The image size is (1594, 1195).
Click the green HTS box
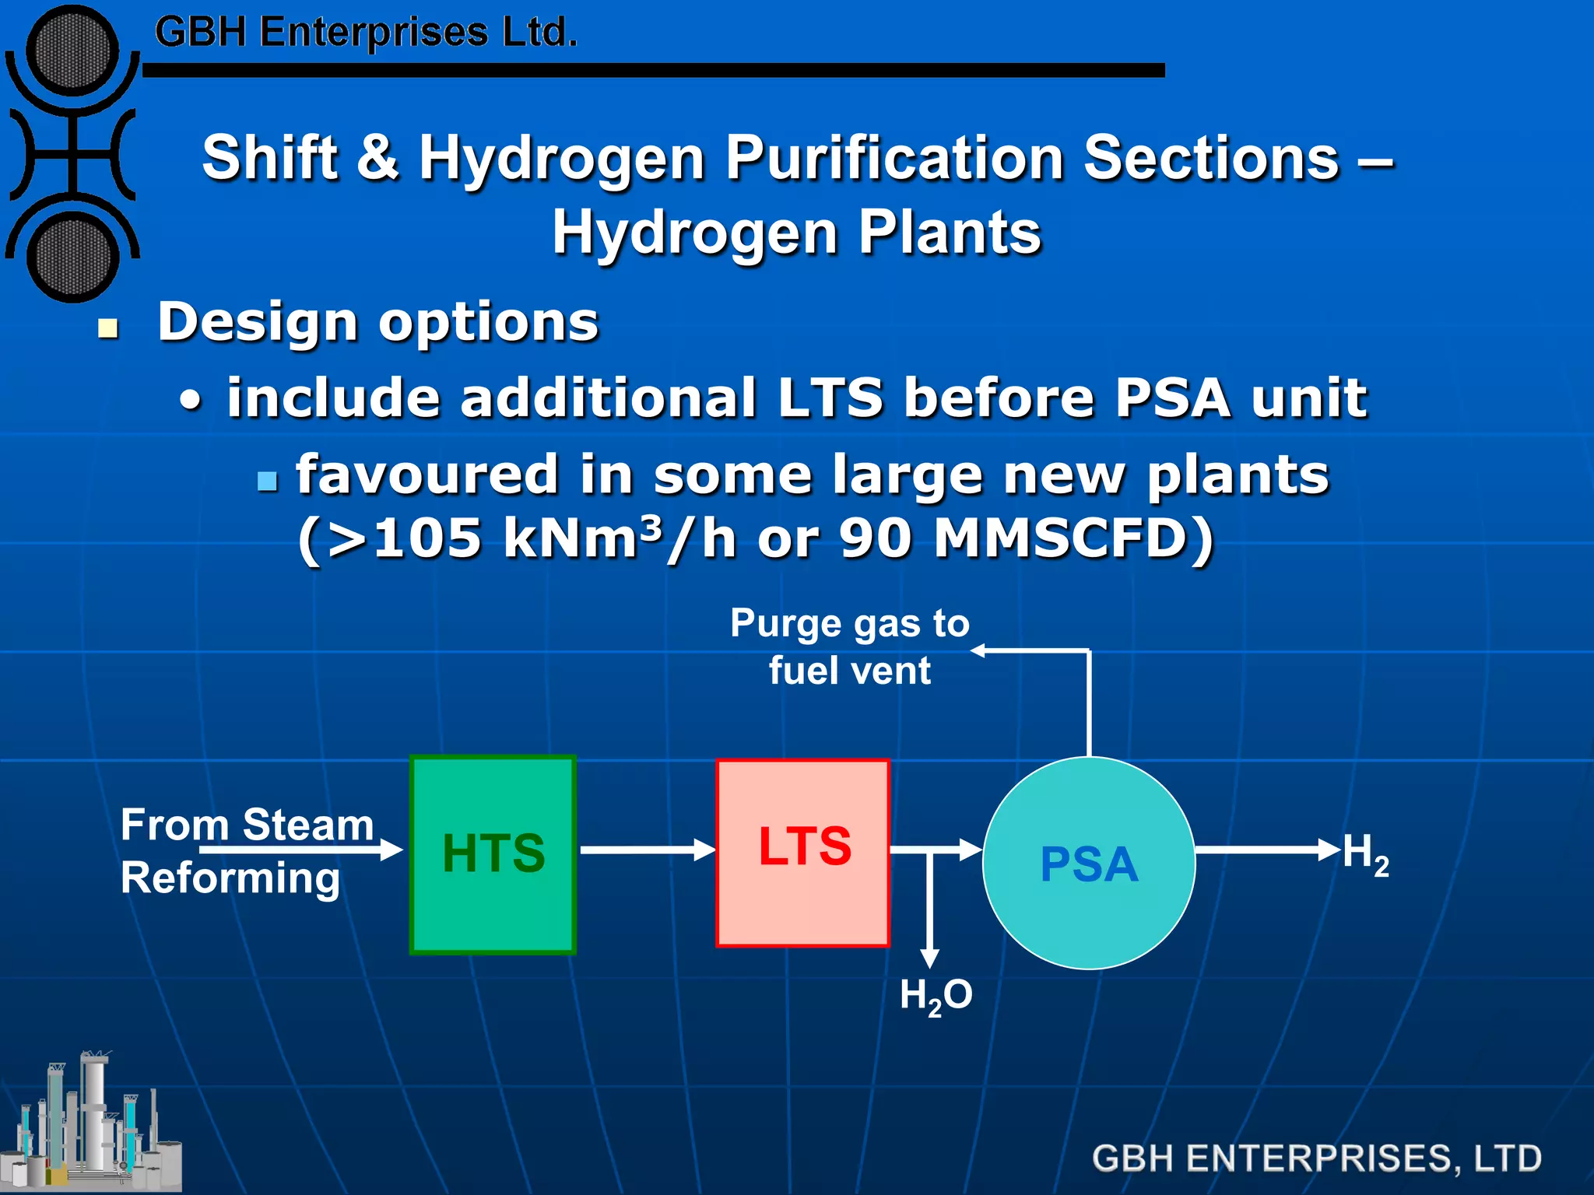[493, 854]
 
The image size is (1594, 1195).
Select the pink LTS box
[802, 853]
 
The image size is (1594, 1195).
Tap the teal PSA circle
[1089, 863]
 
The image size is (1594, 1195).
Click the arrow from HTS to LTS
[646, 850]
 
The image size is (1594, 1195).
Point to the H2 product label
[1365, 854]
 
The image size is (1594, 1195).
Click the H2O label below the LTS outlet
[936, 996]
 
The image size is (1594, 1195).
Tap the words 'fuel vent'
[849, 671]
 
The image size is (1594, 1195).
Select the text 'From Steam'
[247, 825]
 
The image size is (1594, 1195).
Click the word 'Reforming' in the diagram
[230, 878]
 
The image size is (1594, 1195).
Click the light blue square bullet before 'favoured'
[267, 481]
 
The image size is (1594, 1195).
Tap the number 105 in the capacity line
[427, 538]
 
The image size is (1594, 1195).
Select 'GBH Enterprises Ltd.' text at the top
[366, 33]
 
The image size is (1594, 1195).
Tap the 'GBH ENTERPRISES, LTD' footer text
[1316, 1158]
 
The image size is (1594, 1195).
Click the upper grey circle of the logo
[72, 51]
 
